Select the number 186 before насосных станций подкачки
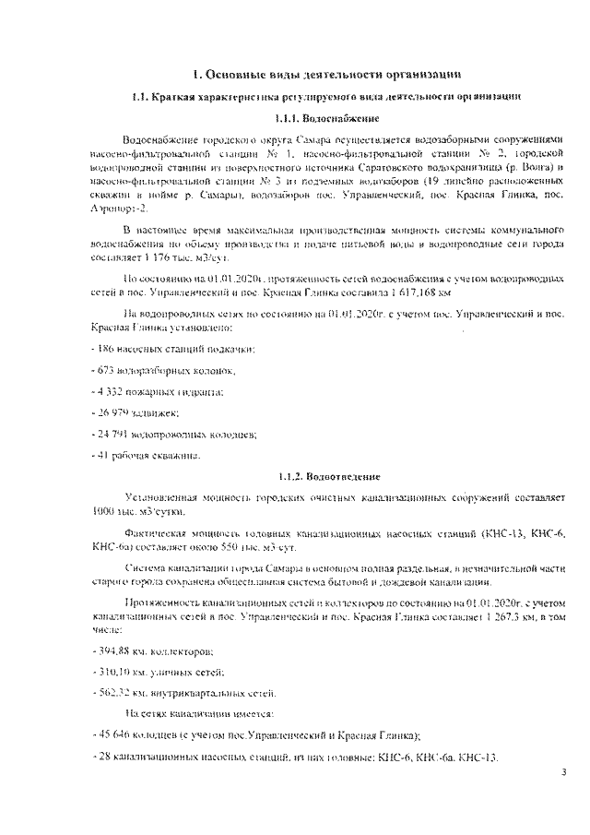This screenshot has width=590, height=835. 107,349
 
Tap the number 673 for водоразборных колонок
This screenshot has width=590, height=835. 107,370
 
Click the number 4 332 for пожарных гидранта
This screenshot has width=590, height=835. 111,391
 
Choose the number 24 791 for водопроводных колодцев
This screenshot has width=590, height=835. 113,434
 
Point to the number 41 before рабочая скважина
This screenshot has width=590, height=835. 103,455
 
